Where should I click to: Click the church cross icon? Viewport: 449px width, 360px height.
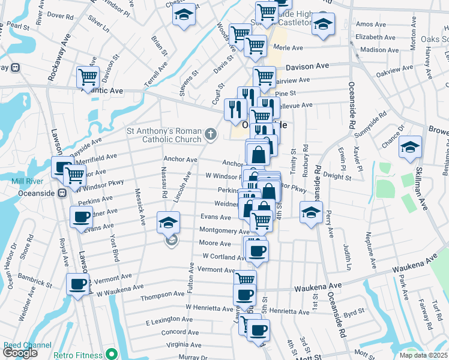click(x=210, y=134)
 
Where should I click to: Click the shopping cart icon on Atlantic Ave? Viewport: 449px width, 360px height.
click(x=88, y=77)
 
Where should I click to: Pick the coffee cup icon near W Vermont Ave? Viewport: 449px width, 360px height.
click(x=77, y=284)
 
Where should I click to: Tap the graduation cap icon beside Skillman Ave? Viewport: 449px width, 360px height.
click(x=410, y=146)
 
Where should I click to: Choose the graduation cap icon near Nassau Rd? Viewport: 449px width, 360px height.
click(x=169, y=222)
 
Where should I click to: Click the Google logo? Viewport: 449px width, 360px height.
click(x=20, y=352)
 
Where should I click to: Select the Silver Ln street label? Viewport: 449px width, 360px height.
click(x=98, y=25)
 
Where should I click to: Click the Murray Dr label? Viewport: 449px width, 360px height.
click(x=193, y=357)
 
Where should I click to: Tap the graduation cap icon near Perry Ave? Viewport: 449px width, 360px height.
click(x=311, y=213)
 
